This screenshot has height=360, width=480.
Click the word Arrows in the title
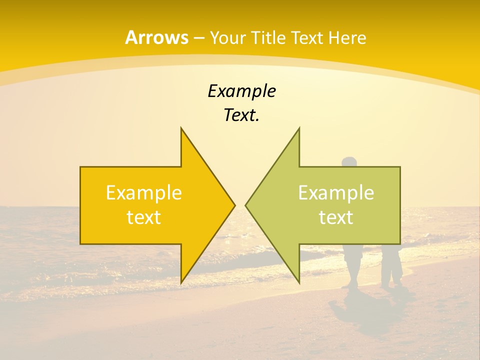coord(156,37)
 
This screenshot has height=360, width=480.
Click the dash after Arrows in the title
coord(198,38)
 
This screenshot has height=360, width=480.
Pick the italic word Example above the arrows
coord(241,91)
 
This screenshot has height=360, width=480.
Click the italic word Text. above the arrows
coord(241,115)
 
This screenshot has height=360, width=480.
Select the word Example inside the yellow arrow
coord(144,193)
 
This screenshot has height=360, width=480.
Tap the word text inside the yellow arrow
coord(144,217)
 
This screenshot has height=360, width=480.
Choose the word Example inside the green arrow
coord(336,193)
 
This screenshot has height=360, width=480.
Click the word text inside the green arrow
coord(336,217)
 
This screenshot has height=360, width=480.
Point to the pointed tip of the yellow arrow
coord(234,205)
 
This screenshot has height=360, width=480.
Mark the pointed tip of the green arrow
coord(245,205)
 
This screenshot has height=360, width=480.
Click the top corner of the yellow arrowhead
coord(181,128)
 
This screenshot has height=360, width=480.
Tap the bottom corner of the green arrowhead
coord(299,282)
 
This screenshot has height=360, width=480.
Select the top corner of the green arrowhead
coord(299,128)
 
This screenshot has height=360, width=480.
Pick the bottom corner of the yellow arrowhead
coord(181,282)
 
